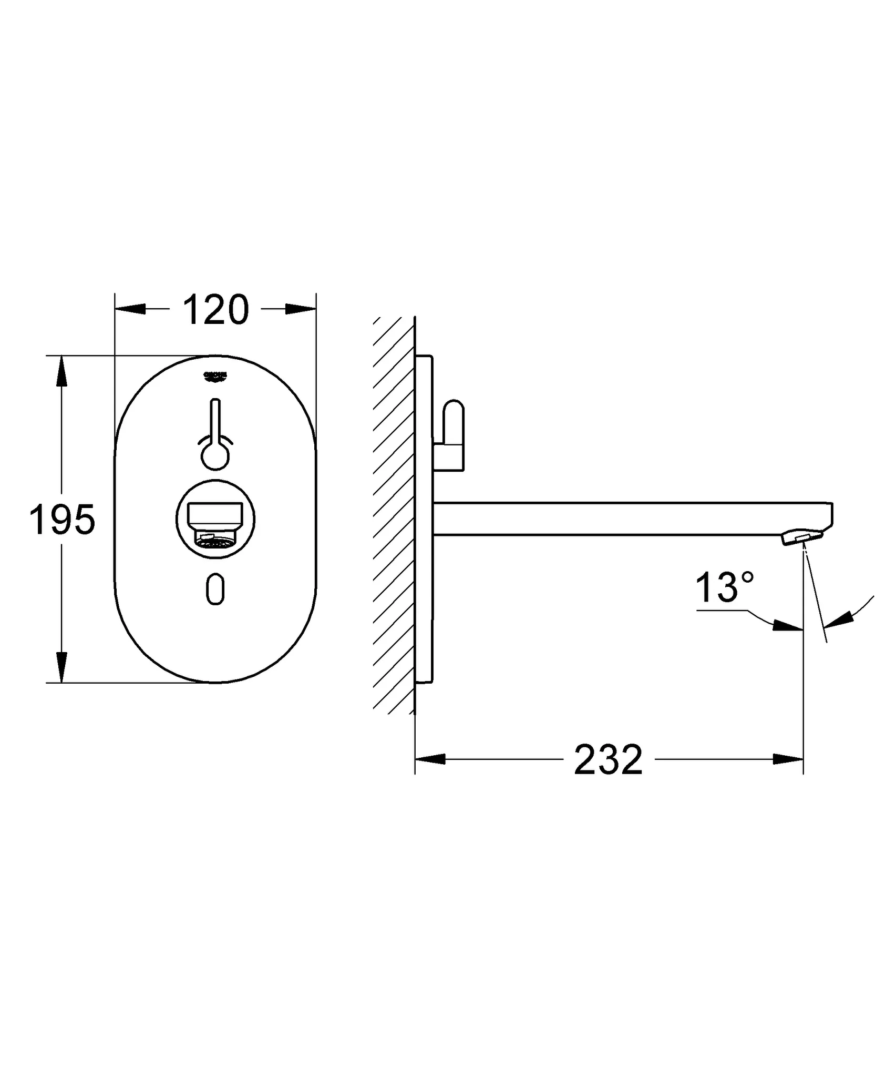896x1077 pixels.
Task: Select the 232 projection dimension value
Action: tap(608, 760)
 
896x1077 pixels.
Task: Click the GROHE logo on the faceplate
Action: tap(215, 375)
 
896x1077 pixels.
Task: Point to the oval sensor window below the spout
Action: tap(215, 589)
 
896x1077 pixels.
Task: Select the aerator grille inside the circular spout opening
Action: tap(215, 540)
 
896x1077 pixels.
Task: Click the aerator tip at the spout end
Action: tap(801, 537)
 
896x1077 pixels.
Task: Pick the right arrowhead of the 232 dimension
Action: tap(788, 759)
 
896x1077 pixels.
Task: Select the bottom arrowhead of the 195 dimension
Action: tap(62, 667)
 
